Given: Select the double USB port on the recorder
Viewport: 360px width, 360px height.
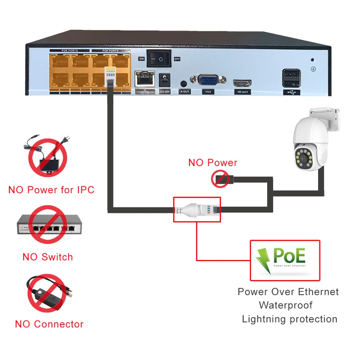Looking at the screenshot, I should [292, 78].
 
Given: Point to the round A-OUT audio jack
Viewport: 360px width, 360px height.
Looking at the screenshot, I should [184, 84].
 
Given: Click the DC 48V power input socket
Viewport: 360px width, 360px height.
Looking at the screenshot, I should [165, 80].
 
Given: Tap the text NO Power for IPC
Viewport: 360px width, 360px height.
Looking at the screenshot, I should [51, 190].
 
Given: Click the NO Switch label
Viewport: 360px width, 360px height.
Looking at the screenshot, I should [48, 257].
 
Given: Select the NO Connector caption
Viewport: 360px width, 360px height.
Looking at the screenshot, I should [49, 324].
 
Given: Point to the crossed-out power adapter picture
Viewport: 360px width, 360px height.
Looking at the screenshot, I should [47, 156].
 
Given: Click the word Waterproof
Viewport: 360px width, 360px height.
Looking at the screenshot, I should [286, 305].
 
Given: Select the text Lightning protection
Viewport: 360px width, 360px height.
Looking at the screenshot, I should [289, 319].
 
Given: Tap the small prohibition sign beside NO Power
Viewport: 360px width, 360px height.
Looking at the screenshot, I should [220, 179].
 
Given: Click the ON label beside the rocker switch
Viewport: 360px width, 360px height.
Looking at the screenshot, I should [141, 59].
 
